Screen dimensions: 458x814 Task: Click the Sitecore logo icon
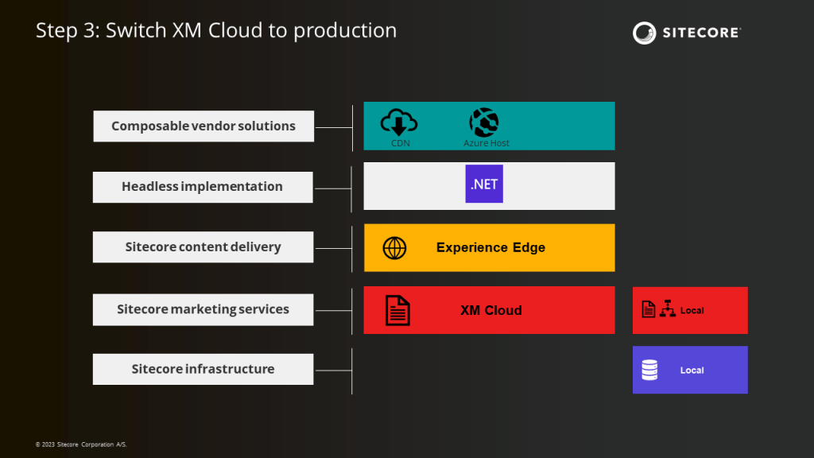[644, 33]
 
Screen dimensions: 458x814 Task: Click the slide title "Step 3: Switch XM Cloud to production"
[216, 31]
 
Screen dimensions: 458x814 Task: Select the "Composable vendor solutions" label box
[203, 126]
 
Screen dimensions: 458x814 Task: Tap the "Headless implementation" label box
[203, 187]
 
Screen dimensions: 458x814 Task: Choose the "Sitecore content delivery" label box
[203, 247]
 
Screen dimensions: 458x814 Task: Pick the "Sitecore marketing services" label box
[203, 309]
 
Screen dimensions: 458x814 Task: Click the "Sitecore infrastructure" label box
[203, 369]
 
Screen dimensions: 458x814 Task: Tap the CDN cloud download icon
[399, 122]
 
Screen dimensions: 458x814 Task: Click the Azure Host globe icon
[484, 122]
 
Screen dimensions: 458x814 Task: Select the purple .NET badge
[484, 184]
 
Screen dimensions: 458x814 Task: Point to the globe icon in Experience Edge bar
[394, 248]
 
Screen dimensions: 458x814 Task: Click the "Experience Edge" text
[490, 247]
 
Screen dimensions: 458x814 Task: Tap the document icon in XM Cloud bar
[397, 310]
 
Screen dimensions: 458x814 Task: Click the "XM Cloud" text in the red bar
[491, 310]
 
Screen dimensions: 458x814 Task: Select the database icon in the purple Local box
[649, 371]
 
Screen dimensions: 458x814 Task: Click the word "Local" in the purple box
[692, 371]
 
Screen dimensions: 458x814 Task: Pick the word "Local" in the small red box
[692, 310]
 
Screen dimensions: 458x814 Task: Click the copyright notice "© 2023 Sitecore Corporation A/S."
[81, 444]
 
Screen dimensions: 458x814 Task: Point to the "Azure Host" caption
[486, 143]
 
